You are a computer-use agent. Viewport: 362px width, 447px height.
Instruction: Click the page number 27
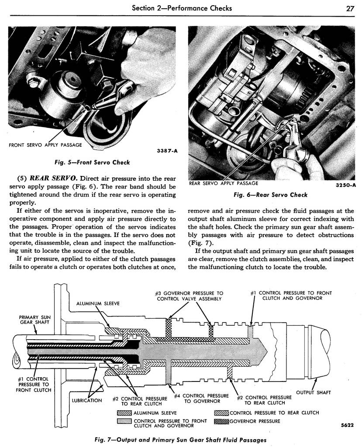tap(350, 8)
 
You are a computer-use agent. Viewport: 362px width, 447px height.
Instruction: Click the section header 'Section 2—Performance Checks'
tap(182, 8)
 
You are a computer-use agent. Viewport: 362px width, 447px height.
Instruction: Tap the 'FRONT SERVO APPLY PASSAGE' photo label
tap(45, 145)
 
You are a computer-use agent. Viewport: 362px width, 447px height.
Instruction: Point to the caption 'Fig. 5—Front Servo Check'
tap(92, 162)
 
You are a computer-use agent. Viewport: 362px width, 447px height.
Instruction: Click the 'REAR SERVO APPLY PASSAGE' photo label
tap(224, 183)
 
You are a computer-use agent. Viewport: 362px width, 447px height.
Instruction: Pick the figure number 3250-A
tap(346, 185)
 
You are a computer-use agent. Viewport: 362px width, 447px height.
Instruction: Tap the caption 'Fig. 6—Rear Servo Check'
tap(270, 195)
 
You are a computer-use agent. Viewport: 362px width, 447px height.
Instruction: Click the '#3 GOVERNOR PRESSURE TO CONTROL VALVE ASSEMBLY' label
tap(189, 296)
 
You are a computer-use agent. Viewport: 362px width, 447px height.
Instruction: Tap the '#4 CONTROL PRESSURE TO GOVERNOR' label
tap(201, 399)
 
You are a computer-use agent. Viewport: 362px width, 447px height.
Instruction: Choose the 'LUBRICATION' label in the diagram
tap(87, 400)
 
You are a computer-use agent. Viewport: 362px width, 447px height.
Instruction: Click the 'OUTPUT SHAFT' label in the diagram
tap(314, 392)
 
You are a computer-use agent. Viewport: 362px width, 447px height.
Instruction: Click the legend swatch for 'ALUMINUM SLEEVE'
tap(124, 413)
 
